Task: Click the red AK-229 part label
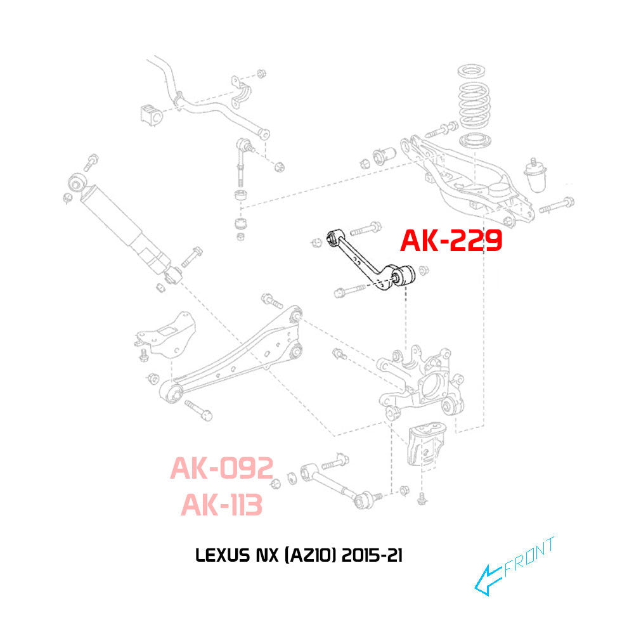point(451,242)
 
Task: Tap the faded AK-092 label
point(221,469)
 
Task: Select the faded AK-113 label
point(221,505)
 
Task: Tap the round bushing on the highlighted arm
point(403,275)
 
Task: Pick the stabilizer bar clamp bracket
point(240,93)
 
